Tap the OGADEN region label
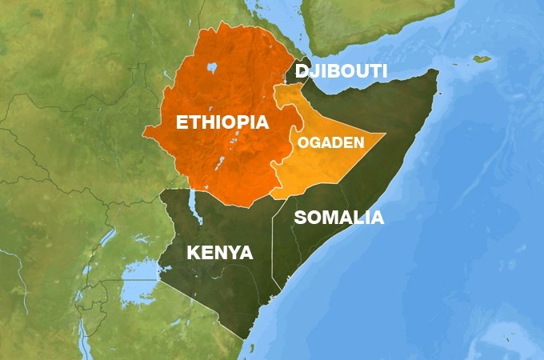click(x=330, y=143)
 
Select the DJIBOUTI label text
click(x=341, y=72)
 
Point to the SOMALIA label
click(x=339, y=218)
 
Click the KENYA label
click(x=219, y=254)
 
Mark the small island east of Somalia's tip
click(x=481, y=58)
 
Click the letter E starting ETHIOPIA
click(x=182, y=124)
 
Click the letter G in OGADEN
click(x=314, y=143)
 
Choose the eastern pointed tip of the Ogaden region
click(x=385, y=134)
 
